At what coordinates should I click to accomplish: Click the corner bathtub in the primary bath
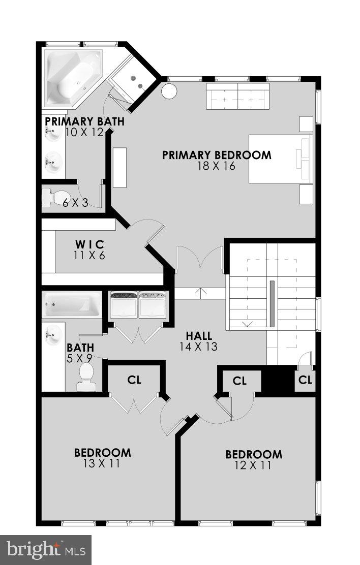tap(74, 79)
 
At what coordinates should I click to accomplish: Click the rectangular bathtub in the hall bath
tap(72, 305)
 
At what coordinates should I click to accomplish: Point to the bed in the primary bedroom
tap(280, 159)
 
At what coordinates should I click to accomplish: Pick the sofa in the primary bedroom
tap(237, 96)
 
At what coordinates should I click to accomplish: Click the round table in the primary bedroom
tap(169, 92)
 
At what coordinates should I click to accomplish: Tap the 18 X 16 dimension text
tap(217, 166)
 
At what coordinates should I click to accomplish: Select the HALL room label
tap(198, 336)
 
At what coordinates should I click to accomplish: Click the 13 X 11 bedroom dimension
tap(102, 463)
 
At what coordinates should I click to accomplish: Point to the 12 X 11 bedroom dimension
tap(254, 465)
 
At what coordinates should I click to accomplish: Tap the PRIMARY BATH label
tap(84, 122)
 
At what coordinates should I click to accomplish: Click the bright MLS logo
tap(45, 550)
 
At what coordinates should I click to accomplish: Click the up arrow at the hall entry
tap(202, 293)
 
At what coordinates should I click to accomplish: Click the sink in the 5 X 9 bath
tap(53, 336)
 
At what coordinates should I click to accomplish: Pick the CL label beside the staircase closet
tap(305, 380)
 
